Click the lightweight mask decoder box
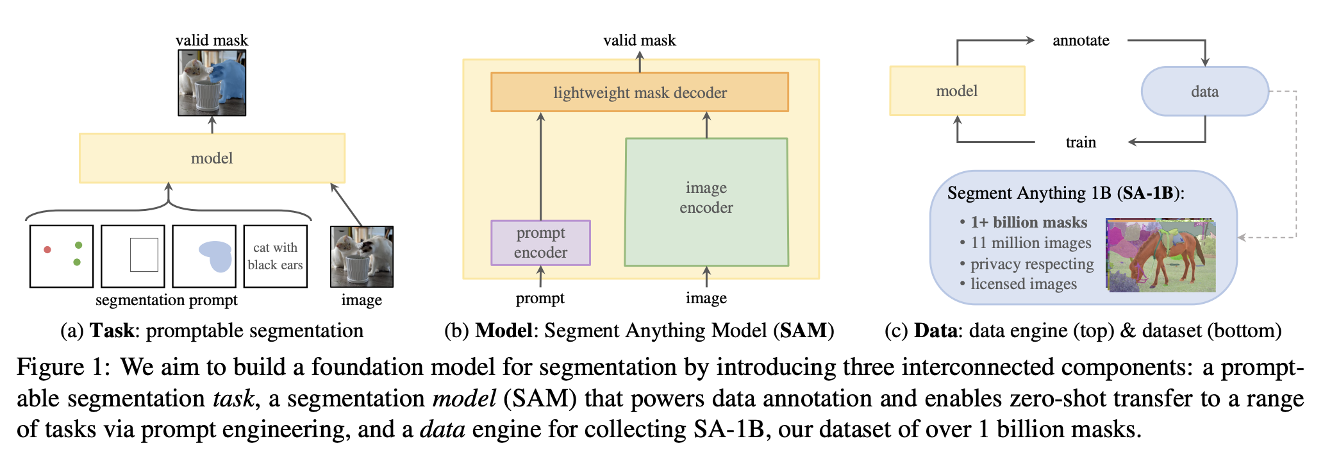(639, 92)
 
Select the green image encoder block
(706, 201)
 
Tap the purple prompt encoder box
(540, 243)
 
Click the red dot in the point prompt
(47, 249)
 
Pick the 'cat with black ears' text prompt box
(276, 256)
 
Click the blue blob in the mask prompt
(217, 256)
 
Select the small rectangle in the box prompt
(144, 255)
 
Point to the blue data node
(1204, 92)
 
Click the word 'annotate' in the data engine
(1081, 40)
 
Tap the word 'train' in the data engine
(1081, 142)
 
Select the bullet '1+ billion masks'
(1028, 222)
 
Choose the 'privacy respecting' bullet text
(1031, 264)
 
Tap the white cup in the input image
(354, 271)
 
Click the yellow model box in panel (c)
(956, 91)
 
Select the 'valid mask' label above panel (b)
(639, 40)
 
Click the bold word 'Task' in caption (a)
(112, 331)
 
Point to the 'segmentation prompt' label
(166, 300)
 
